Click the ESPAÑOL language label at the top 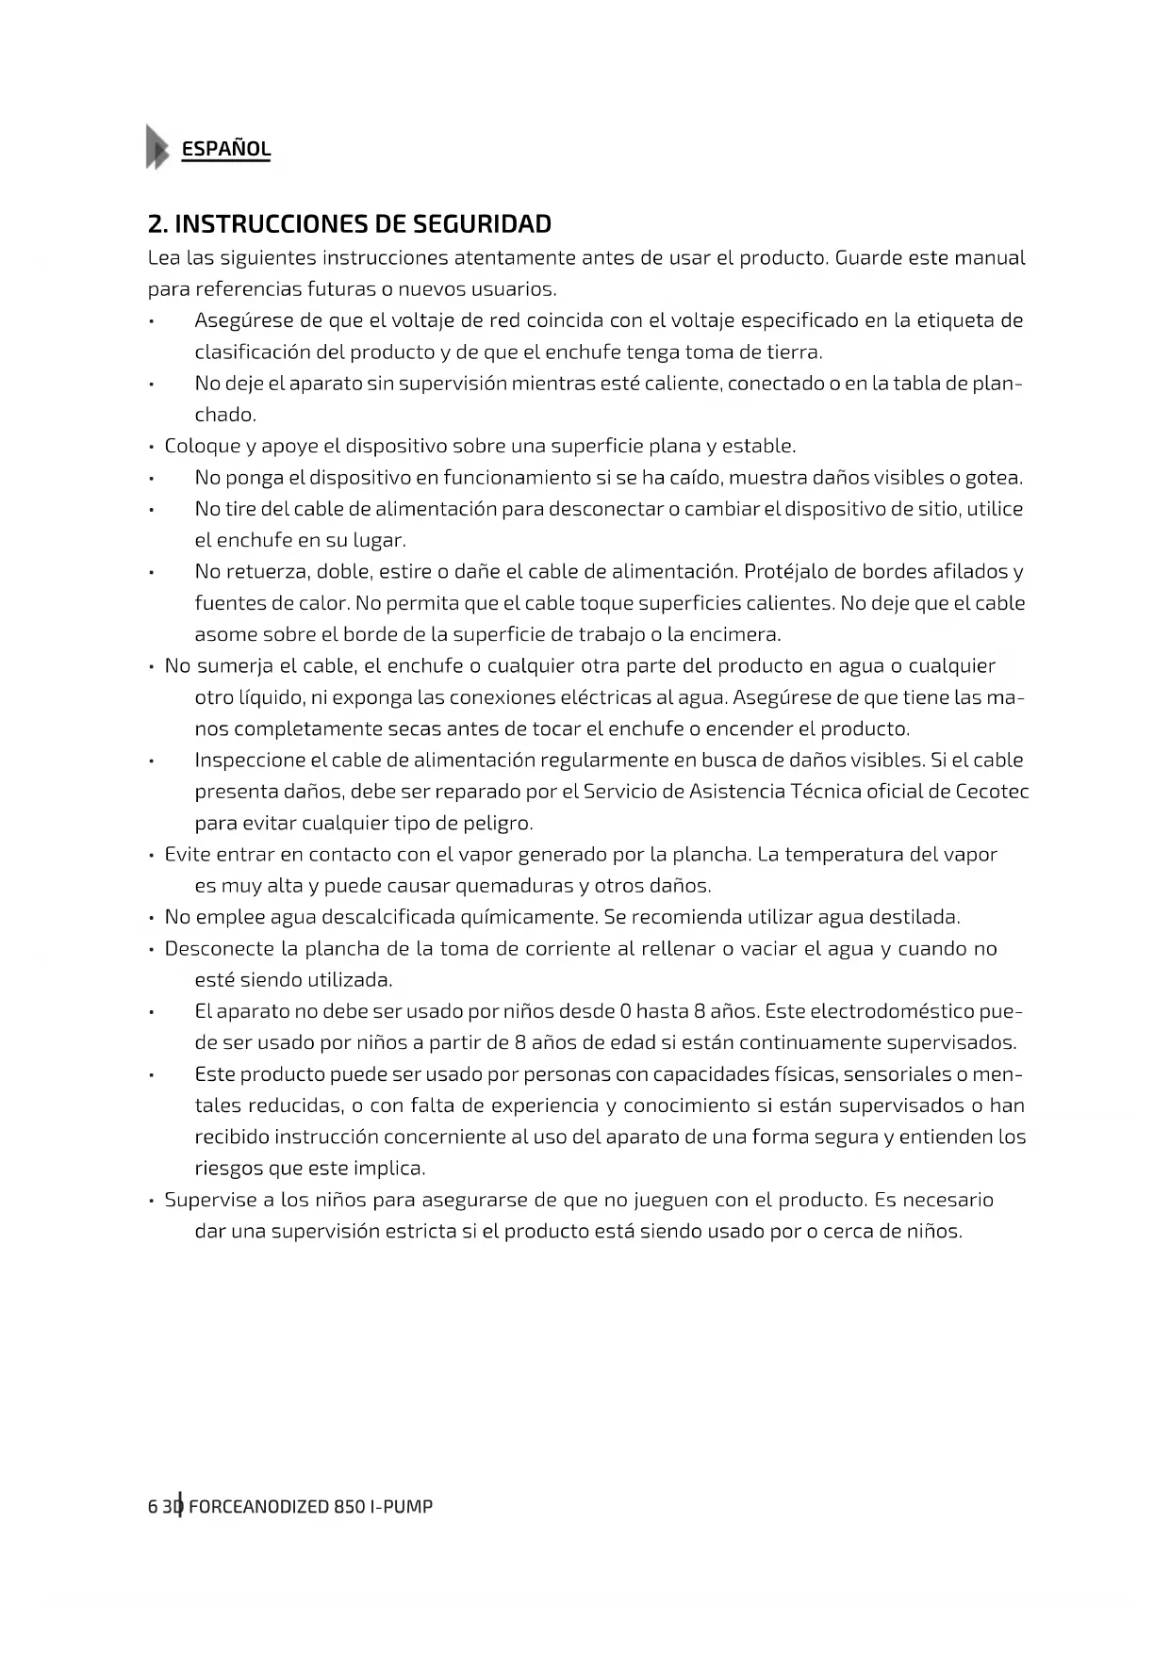tap(225, 149)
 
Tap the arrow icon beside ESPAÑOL tap(157, 147)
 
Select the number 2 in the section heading tap(155, 224)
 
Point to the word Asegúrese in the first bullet tap(243, 320)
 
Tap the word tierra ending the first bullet tap(793, 352)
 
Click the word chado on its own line tap(223, 415)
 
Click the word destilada tap(914, 917)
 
